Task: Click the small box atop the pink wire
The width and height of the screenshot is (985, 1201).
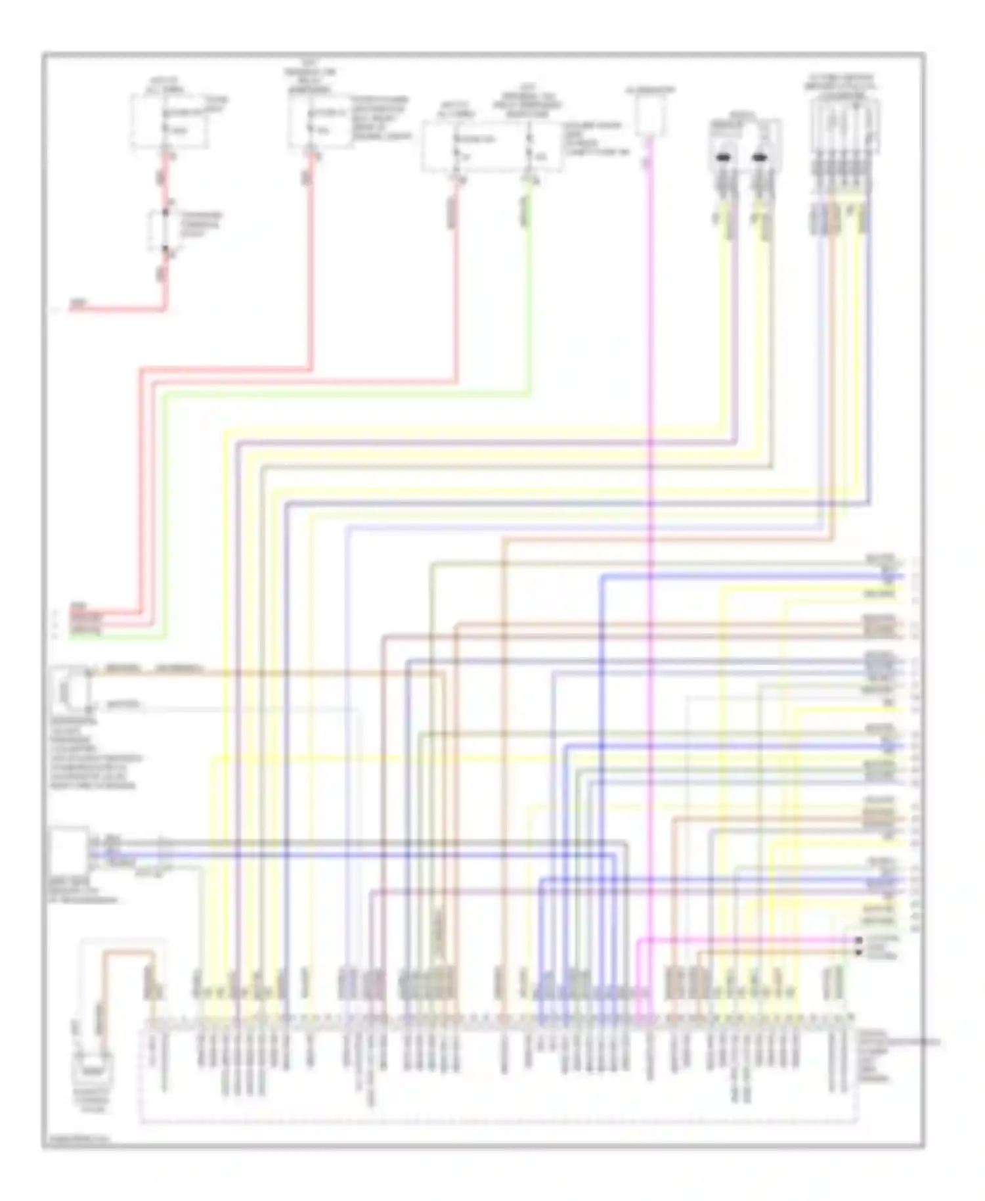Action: pos(650,114)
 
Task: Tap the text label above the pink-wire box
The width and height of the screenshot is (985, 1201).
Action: pos(650,89)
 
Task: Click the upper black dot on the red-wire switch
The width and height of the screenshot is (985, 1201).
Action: pos(166,212)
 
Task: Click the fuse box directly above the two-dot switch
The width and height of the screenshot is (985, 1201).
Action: pos(169,122)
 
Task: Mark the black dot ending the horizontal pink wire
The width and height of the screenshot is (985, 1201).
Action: pos(858,940)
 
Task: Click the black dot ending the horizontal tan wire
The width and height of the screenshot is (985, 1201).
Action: pos(858,952)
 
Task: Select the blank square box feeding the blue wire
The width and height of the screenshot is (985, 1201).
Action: pos(70,850)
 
